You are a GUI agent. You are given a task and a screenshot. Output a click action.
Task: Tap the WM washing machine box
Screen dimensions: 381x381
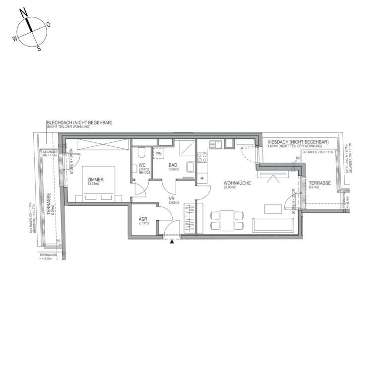158,154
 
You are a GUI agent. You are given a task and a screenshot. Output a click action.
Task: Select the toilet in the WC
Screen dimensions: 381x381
141,152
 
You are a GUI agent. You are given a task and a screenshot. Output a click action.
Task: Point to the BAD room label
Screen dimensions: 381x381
173,165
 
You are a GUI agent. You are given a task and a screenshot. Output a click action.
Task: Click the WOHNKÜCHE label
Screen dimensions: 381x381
237,183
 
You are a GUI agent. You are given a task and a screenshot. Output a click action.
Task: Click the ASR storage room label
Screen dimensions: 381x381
143,218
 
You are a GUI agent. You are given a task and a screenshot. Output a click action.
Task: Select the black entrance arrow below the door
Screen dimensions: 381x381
172,242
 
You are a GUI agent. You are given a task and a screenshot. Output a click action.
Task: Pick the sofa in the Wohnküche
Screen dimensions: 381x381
273,225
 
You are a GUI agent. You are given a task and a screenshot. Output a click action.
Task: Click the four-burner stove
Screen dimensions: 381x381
202,158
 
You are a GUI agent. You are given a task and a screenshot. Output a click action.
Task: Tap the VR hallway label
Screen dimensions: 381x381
172,198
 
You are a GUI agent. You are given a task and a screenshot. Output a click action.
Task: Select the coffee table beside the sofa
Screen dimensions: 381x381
273,209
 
